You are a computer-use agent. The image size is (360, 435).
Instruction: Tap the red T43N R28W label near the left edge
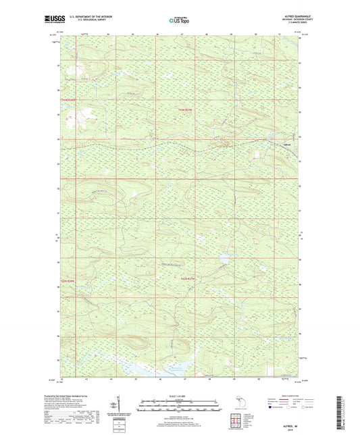click(x=70, y=100)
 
